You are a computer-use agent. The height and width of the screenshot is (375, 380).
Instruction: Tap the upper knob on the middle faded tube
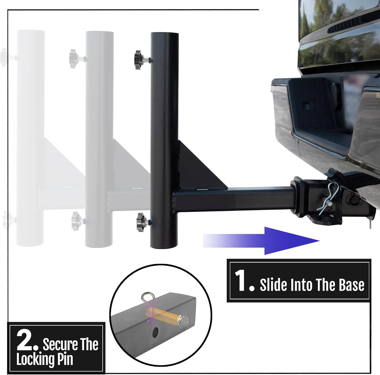pos(73,57)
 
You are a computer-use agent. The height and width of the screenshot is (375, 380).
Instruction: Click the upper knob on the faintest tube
pos(5,57)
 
